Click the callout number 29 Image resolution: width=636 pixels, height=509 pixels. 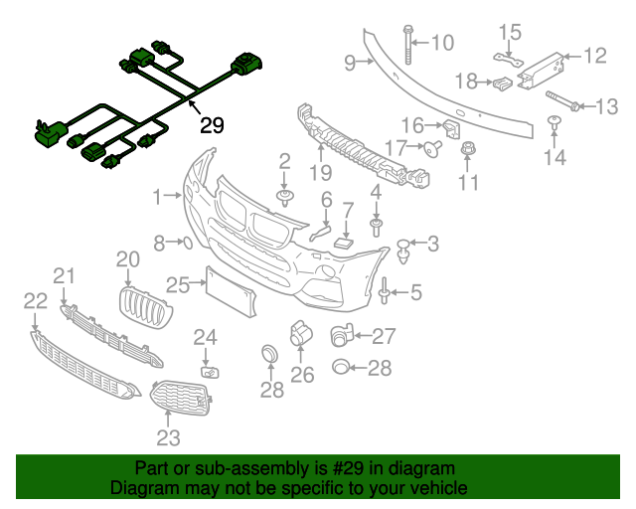(x=212, y=125)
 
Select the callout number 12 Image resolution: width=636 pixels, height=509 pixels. (x=594, y=55)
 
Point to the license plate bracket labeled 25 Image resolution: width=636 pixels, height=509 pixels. (x=224, y=287)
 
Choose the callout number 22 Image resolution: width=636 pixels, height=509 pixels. (x=35, y=300)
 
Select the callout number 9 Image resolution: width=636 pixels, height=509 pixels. (x=350, y=64)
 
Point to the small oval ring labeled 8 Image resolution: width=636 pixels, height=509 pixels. (x=185, y=242)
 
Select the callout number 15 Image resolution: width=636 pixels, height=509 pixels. (x=509, y=33)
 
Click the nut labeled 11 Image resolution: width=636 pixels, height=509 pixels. (x=467, y=151)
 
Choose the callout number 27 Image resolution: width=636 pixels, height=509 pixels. (x=384, y=336)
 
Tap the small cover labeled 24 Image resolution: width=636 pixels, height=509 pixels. (x=210, y=372)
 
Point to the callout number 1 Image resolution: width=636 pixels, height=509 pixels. (x=156, y=198)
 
